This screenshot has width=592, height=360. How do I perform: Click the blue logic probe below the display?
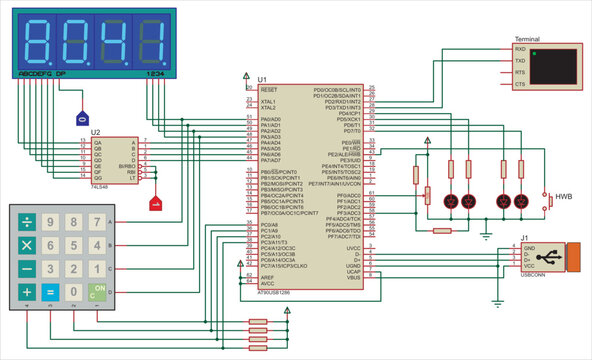click(x=83, y=117)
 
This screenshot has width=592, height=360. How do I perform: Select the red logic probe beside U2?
click(x=155, y=205)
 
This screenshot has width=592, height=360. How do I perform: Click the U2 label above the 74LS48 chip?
click(x=95, y=131)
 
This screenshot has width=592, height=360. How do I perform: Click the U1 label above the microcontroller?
click(x=262, y=79)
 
